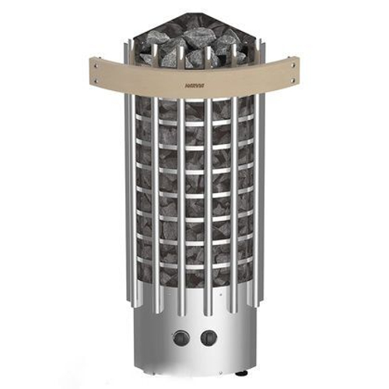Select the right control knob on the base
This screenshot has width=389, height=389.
(x=209, y=338)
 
